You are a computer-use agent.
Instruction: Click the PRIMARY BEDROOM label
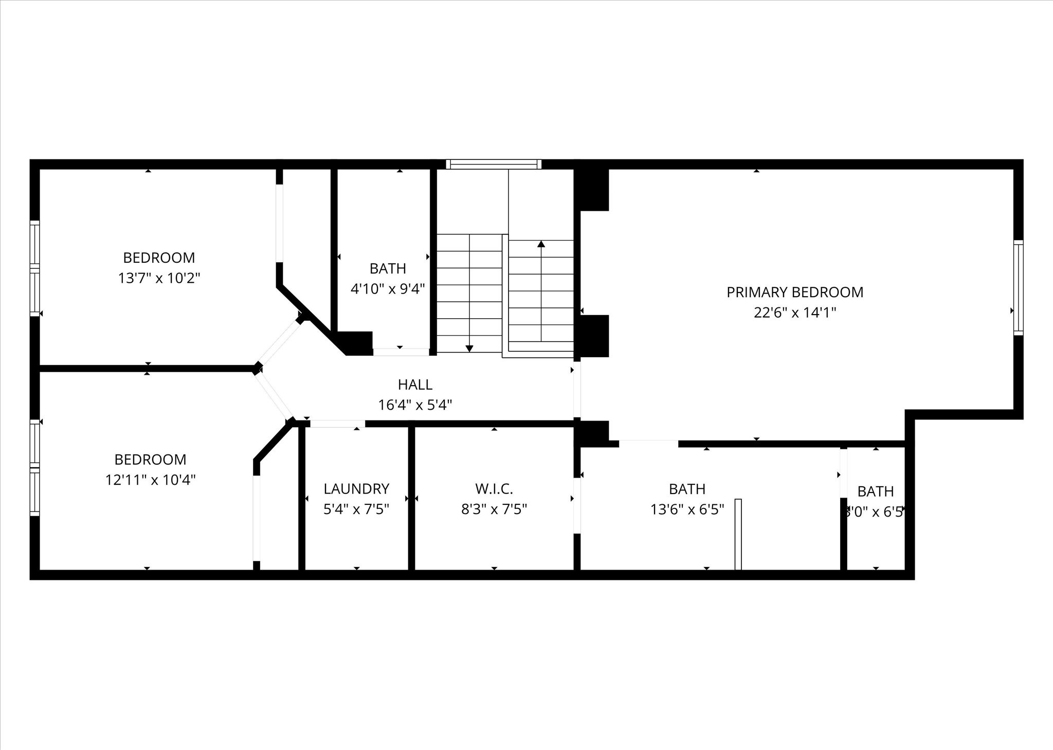(x=794, y=292)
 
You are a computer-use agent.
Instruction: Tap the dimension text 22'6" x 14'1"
(x=794, y=313)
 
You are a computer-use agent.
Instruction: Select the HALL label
(x=415, y=385)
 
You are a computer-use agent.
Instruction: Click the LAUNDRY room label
(x=356, y=488)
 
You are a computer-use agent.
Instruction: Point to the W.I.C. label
(x=494, y=488)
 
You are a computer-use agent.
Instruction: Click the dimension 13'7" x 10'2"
(x=159, y=278)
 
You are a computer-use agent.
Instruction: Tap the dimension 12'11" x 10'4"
(x=150, y=480)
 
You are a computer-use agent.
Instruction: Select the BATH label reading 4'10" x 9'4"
(x=388, y=268)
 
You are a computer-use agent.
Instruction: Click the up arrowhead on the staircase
(x=541, y=244)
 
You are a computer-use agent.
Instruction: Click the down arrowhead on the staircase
(x=469, y=349)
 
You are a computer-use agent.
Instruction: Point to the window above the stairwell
(x=494, y=164)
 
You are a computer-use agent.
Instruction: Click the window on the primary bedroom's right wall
(x=1018, y=288)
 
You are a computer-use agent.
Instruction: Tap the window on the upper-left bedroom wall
(x=34, y=268)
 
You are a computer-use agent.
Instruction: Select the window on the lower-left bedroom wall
(x=34, y=468)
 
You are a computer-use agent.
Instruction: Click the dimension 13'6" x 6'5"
(x=687, y=509)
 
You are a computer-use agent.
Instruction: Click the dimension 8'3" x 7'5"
(x=494, y=509)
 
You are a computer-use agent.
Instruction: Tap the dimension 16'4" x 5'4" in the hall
(x=415, y=405)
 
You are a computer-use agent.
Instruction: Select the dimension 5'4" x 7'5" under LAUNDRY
(x=356, y=509)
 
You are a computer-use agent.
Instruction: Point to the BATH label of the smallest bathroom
(x=875, y=491)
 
